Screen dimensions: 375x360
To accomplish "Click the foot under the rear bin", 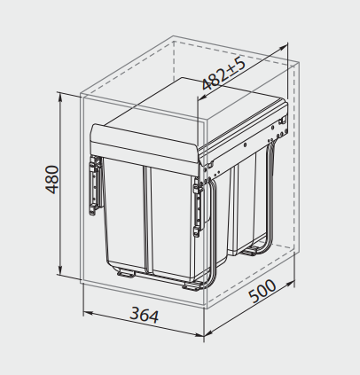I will [x=253, y=251].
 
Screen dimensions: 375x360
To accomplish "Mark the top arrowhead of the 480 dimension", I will [x=60, y=94].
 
